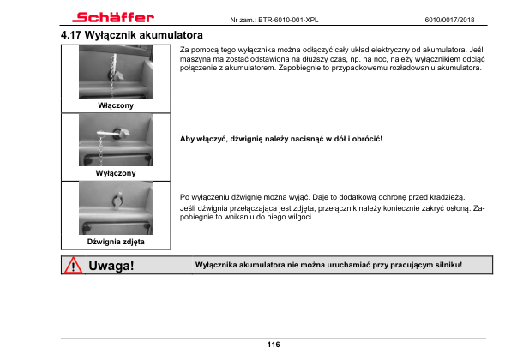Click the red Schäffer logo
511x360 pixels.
coord(113,17)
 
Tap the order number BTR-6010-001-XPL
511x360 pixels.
coord(288,20)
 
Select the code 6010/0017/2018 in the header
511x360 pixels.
coord(449,20)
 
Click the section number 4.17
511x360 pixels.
coord(70,35)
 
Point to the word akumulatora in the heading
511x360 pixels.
coord(171,35)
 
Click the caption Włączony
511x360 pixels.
coord(116,105)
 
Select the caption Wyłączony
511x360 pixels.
coord(116,173)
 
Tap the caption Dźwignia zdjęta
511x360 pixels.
coord(116,242)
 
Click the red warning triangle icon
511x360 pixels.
coord(73,266)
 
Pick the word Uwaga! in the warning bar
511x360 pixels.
coord(111,266)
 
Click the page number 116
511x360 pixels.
coord(274,345)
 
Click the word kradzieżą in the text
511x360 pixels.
coord(447,197)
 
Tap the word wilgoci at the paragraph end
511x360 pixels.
coord(299,217)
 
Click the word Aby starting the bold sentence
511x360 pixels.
coord(187,139)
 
